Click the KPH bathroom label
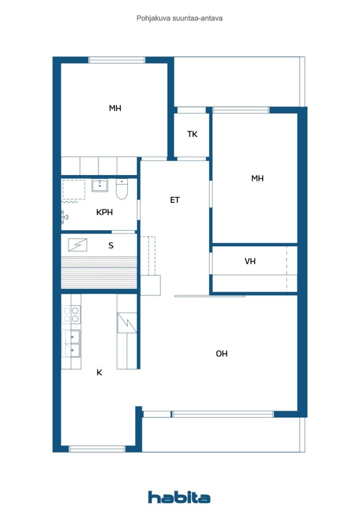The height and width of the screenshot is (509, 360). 104,212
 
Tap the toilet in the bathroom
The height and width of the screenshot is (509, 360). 122,189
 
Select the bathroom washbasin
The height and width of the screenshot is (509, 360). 99,185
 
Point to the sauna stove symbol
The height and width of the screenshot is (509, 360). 78,245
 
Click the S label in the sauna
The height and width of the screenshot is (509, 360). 111,246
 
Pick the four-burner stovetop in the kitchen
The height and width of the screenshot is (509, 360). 72,315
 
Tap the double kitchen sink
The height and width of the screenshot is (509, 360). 72,343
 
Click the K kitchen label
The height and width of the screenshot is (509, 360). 99,372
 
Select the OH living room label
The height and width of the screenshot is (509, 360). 222,353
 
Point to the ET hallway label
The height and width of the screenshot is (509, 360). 175,200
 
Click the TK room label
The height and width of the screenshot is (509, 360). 192,134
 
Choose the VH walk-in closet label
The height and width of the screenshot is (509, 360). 250,261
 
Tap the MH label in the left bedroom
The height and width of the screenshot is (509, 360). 115,108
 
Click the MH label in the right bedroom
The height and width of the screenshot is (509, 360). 258,178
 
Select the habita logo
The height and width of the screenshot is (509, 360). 179,497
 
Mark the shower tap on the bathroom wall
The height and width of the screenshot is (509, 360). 64,217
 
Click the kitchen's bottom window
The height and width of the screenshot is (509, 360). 97,449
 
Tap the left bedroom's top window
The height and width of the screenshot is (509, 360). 117,60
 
